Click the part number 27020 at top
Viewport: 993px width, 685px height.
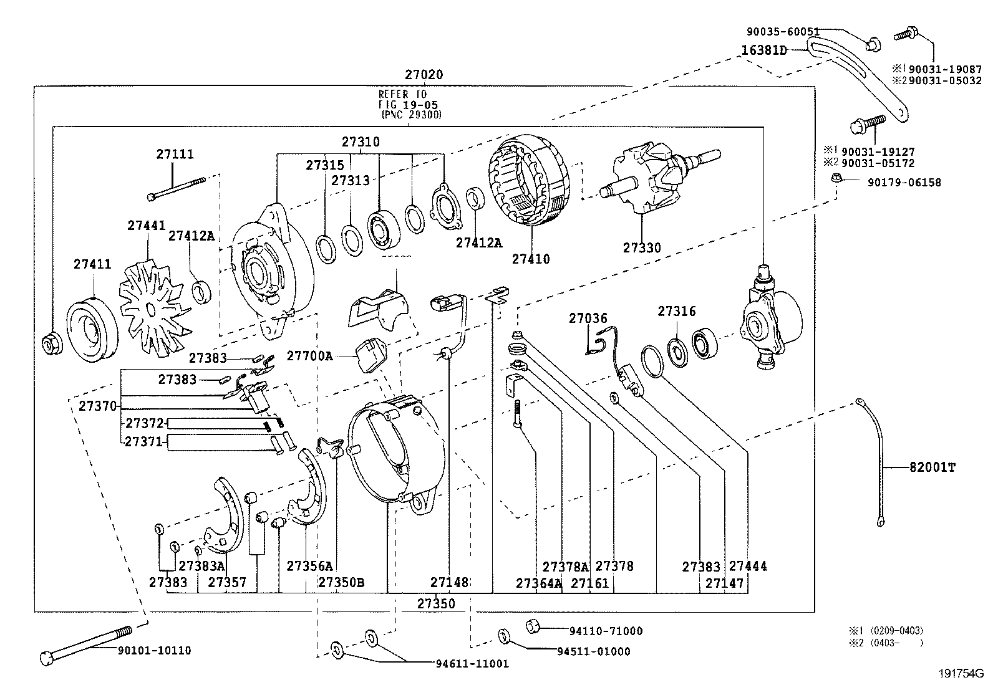[424, 75]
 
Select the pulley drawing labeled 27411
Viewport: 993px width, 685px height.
[93, 330]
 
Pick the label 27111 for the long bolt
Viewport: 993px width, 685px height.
[175, 154]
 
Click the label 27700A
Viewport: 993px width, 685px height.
[309, 357]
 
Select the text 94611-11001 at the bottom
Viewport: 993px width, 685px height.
[472, 664]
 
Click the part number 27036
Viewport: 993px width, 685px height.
[588, 319]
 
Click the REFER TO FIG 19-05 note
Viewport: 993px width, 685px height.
[410, 104]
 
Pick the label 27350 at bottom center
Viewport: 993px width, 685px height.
[436, 603]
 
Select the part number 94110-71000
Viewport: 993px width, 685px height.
[605, 631]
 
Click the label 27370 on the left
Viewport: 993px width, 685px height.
[98, 406]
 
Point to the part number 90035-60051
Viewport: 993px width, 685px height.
[783, 31]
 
